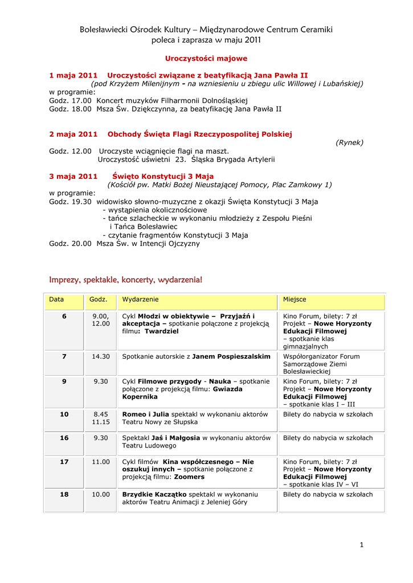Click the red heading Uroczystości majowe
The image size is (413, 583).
coord(206,59)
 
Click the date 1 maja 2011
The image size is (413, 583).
coord(73,75)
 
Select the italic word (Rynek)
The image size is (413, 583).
coord(349,142)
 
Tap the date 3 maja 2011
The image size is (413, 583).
coord(73,176)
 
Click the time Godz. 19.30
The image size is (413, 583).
coord(70,202)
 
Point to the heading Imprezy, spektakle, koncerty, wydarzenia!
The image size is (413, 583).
coord(126,280)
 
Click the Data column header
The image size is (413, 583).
coord(56,299)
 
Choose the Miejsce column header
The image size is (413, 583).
coord(295,299)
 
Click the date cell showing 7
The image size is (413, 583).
coord(64,356)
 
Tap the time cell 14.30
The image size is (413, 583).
coord(101,356)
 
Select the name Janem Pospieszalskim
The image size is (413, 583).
coord(231,356)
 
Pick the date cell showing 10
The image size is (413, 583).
coord(64,414)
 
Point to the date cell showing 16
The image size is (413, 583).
coord(64,438)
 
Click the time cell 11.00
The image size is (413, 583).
coord(101,462)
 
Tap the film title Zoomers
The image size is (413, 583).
coord(189,477)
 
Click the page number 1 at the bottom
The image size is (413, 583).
coord(361,545)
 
